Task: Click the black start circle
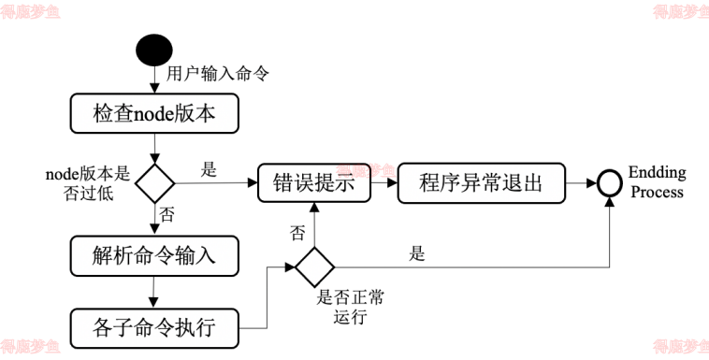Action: pyautogui.click(x=154, y=50)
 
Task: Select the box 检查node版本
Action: pyautogui.click(x=154, y=114)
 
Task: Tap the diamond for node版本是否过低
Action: pyautogui.click(x=154, y=181)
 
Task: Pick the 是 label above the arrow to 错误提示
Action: pyautogui.click(x=209, y=170)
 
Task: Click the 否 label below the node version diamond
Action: pyautogui.click(x=167, y=215)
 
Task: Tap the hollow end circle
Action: pyautogui.click(x=609, y=182)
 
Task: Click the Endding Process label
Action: pyautogui.click(x=657, y=182)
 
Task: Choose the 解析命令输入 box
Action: pyautogui.click(x=154, y=255)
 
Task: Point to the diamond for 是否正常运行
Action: pyautogui.click(x=313, y=266)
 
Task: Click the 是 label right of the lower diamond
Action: pyautogui.click(x=417, y=253)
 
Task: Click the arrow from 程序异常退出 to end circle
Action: pyautogui.click(x=581, y=182)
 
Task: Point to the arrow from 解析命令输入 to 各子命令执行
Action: pyautogui.click(x=154, y=292)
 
